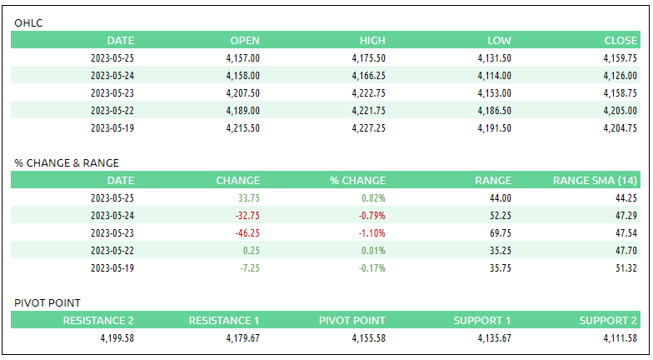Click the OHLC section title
[28, 22]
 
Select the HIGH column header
[372, 40]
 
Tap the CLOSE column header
[621, 40]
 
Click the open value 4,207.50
[242, 93]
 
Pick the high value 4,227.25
[368, 128]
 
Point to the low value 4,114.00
[495, 76]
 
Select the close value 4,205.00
[621, 111]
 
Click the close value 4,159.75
[621, 58]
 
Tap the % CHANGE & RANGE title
[67, 162]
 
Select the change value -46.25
[247, 233]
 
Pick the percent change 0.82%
[373, 198]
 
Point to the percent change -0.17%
[371, 268]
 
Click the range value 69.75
[499, 233]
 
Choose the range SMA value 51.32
[626, 268]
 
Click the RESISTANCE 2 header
[98, 320]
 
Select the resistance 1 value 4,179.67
[242, 338]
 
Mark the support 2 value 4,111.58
[621, 338]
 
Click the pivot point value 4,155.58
[368, 338]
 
